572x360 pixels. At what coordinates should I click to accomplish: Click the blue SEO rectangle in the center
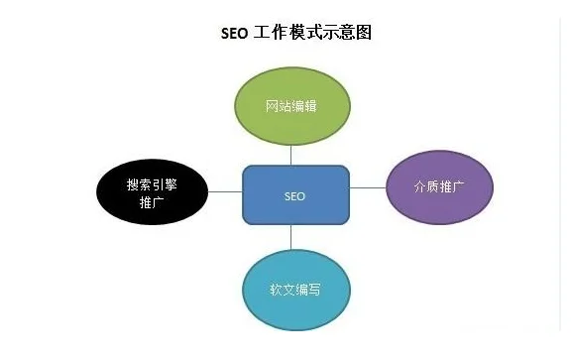295,195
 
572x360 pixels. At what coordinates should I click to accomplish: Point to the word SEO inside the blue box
294,196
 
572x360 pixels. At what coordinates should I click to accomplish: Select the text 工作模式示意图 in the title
315,33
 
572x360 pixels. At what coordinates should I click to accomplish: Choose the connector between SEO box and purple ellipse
367,185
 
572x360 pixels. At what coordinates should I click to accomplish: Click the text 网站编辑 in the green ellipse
290,104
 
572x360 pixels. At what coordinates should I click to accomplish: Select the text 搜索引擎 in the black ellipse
153,184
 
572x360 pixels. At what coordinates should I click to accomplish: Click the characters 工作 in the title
277,33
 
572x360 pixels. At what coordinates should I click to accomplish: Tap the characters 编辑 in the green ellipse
304,104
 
